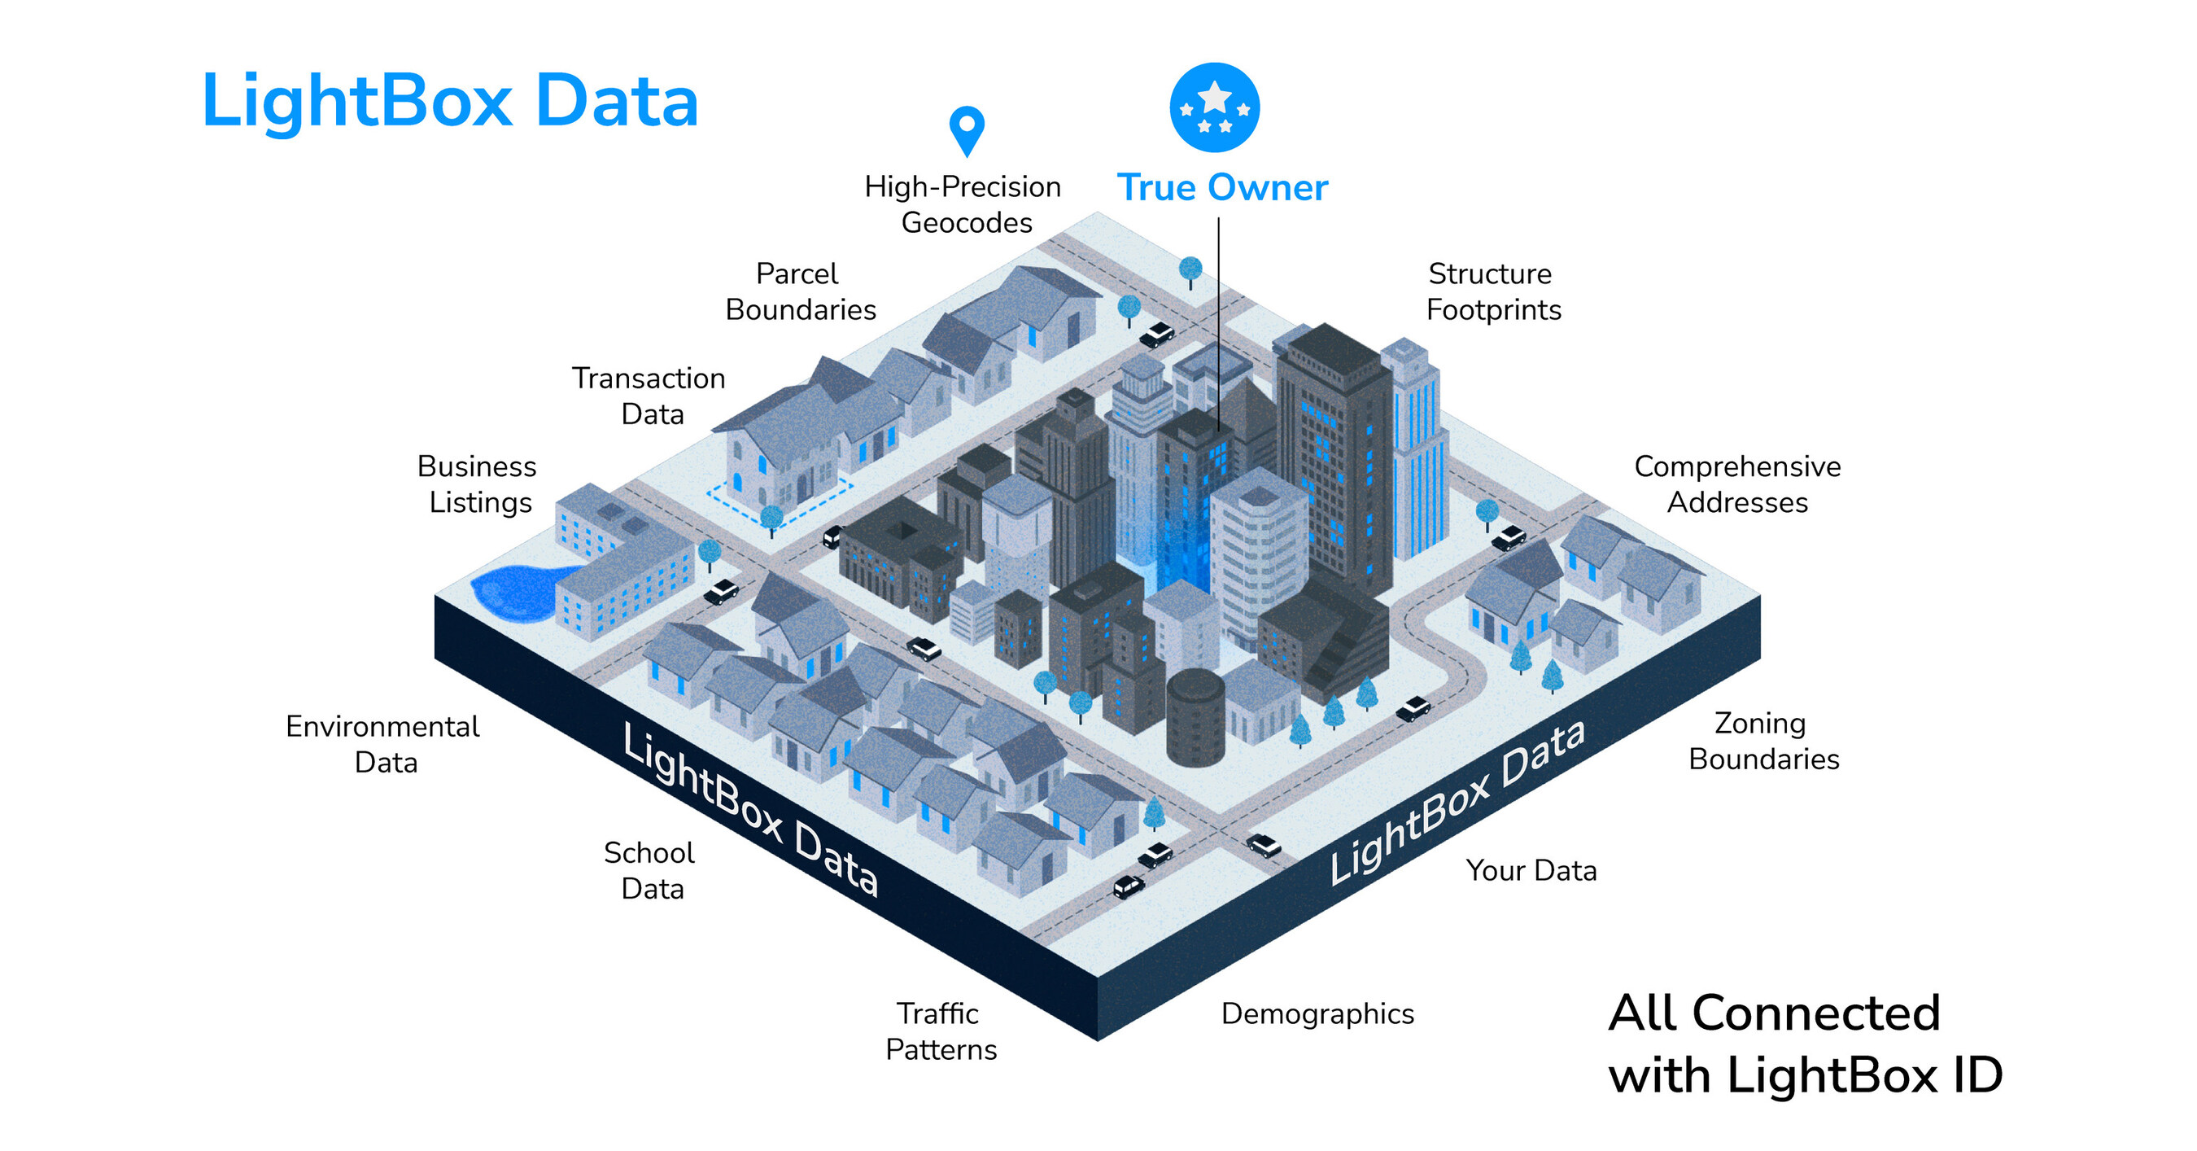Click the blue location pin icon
(x=967, y=130)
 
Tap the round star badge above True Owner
(x=1215, y=107)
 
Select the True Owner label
(x=1222, y=188)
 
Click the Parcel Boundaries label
(x=800, y=291)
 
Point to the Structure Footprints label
(x=1493, y=291)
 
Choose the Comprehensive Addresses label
(x=1737, y=484)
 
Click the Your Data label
(x=1531, y=870)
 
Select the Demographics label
(x=1317, y=1014)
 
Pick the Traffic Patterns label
(x=941, y=1031)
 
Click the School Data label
(x=650, y=870)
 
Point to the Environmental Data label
(x=383, y=744)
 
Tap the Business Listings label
(x=478, y=484)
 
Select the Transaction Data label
(x=649, y=396)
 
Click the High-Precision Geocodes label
(x=963, y=205)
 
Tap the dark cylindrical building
(x=1195, y=718)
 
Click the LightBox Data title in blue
(x=450, y=102)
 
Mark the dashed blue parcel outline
(x=778, y=502)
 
